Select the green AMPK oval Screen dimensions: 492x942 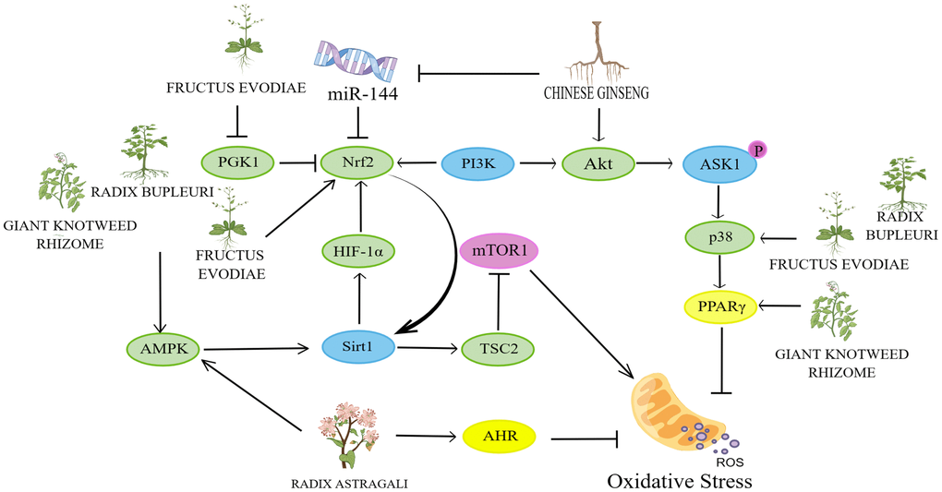163,348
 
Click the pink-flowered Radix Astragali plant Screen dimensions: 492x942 350,434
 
